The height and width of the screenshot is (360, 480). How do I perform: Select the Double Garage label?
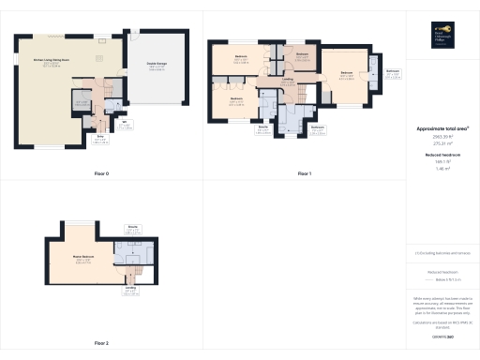(156, 67)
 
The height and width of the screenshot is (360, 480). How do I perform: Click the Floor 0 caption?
(101, 173)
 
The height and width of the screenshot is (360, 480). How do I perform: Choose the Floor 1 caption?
(304, 173)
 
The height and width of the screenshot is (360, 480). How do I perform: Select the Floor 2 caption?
(101, 344)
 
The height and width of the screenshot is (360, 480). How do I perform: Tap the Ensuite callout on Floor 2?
(131, 228)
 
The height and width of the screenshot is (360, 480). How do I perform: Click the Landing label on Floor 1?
(287, 81)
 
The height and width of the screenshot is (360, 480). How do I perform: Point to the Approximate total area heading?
(442, 128)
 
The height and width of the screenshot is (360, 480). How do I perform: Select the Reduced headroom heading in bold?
(442, 154)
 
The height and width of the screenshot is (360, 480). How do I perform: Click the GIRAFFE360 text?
(443, 337)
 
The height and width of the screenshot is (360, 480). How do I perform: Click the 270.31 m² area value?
(442, 142)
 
